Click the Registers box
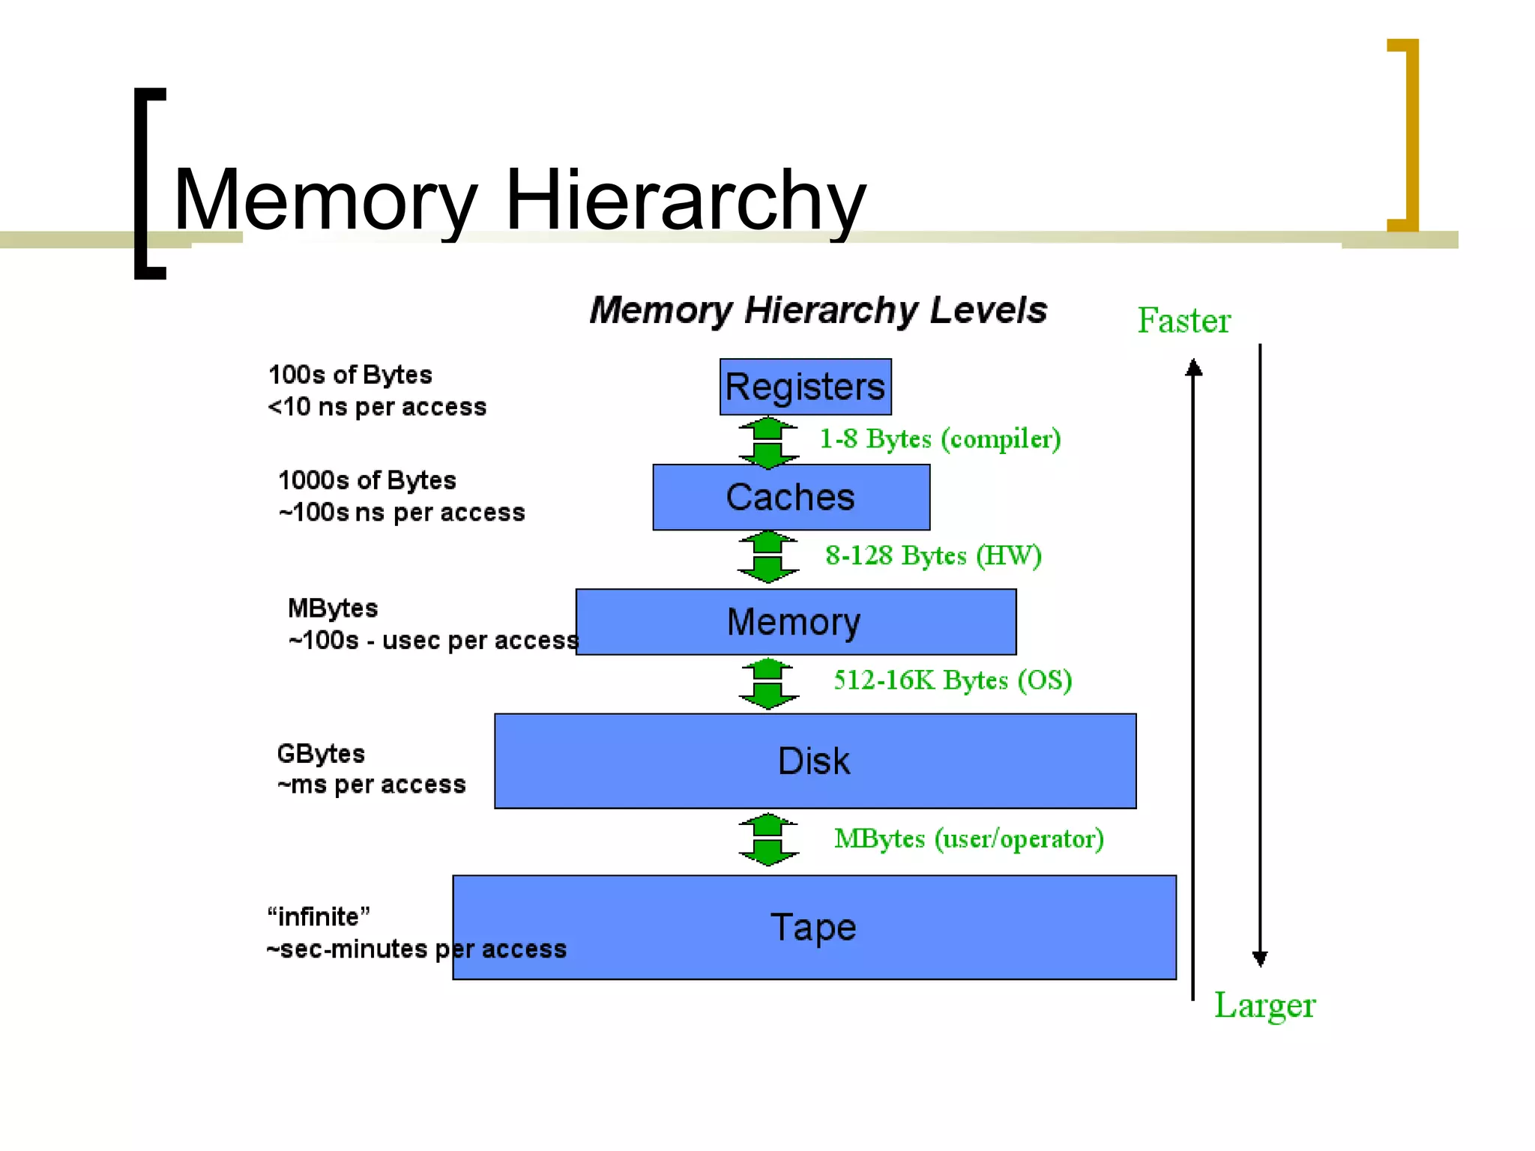tap(805, 387)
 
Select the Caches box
tap(791, 498)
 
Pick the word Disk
tap(814, 761)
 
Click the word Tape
tap(813, 928)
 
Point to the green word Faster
tap(1183, 321)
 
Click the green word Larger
tap(1264, 1006)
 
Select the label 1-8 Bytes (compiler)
tap(940, 439)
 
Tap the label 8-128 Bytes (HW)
tap(933, 556)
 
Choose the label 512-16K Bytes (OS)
tap(953, 680)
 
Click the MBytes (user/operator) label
tap(969, 839)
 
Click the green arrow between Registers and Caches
tap(768, 443)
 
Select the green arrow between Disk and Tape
tap(768, 840)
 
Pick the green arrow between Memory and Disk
tap(768, 684)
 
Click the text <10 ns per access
tap(377, 407)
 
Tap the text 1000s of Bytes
tap(367, 480)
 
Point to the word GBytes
tap(321, 753)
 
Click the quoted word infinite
tap(319, 916)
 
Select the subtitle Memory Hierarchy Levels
tap(818, 310)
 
